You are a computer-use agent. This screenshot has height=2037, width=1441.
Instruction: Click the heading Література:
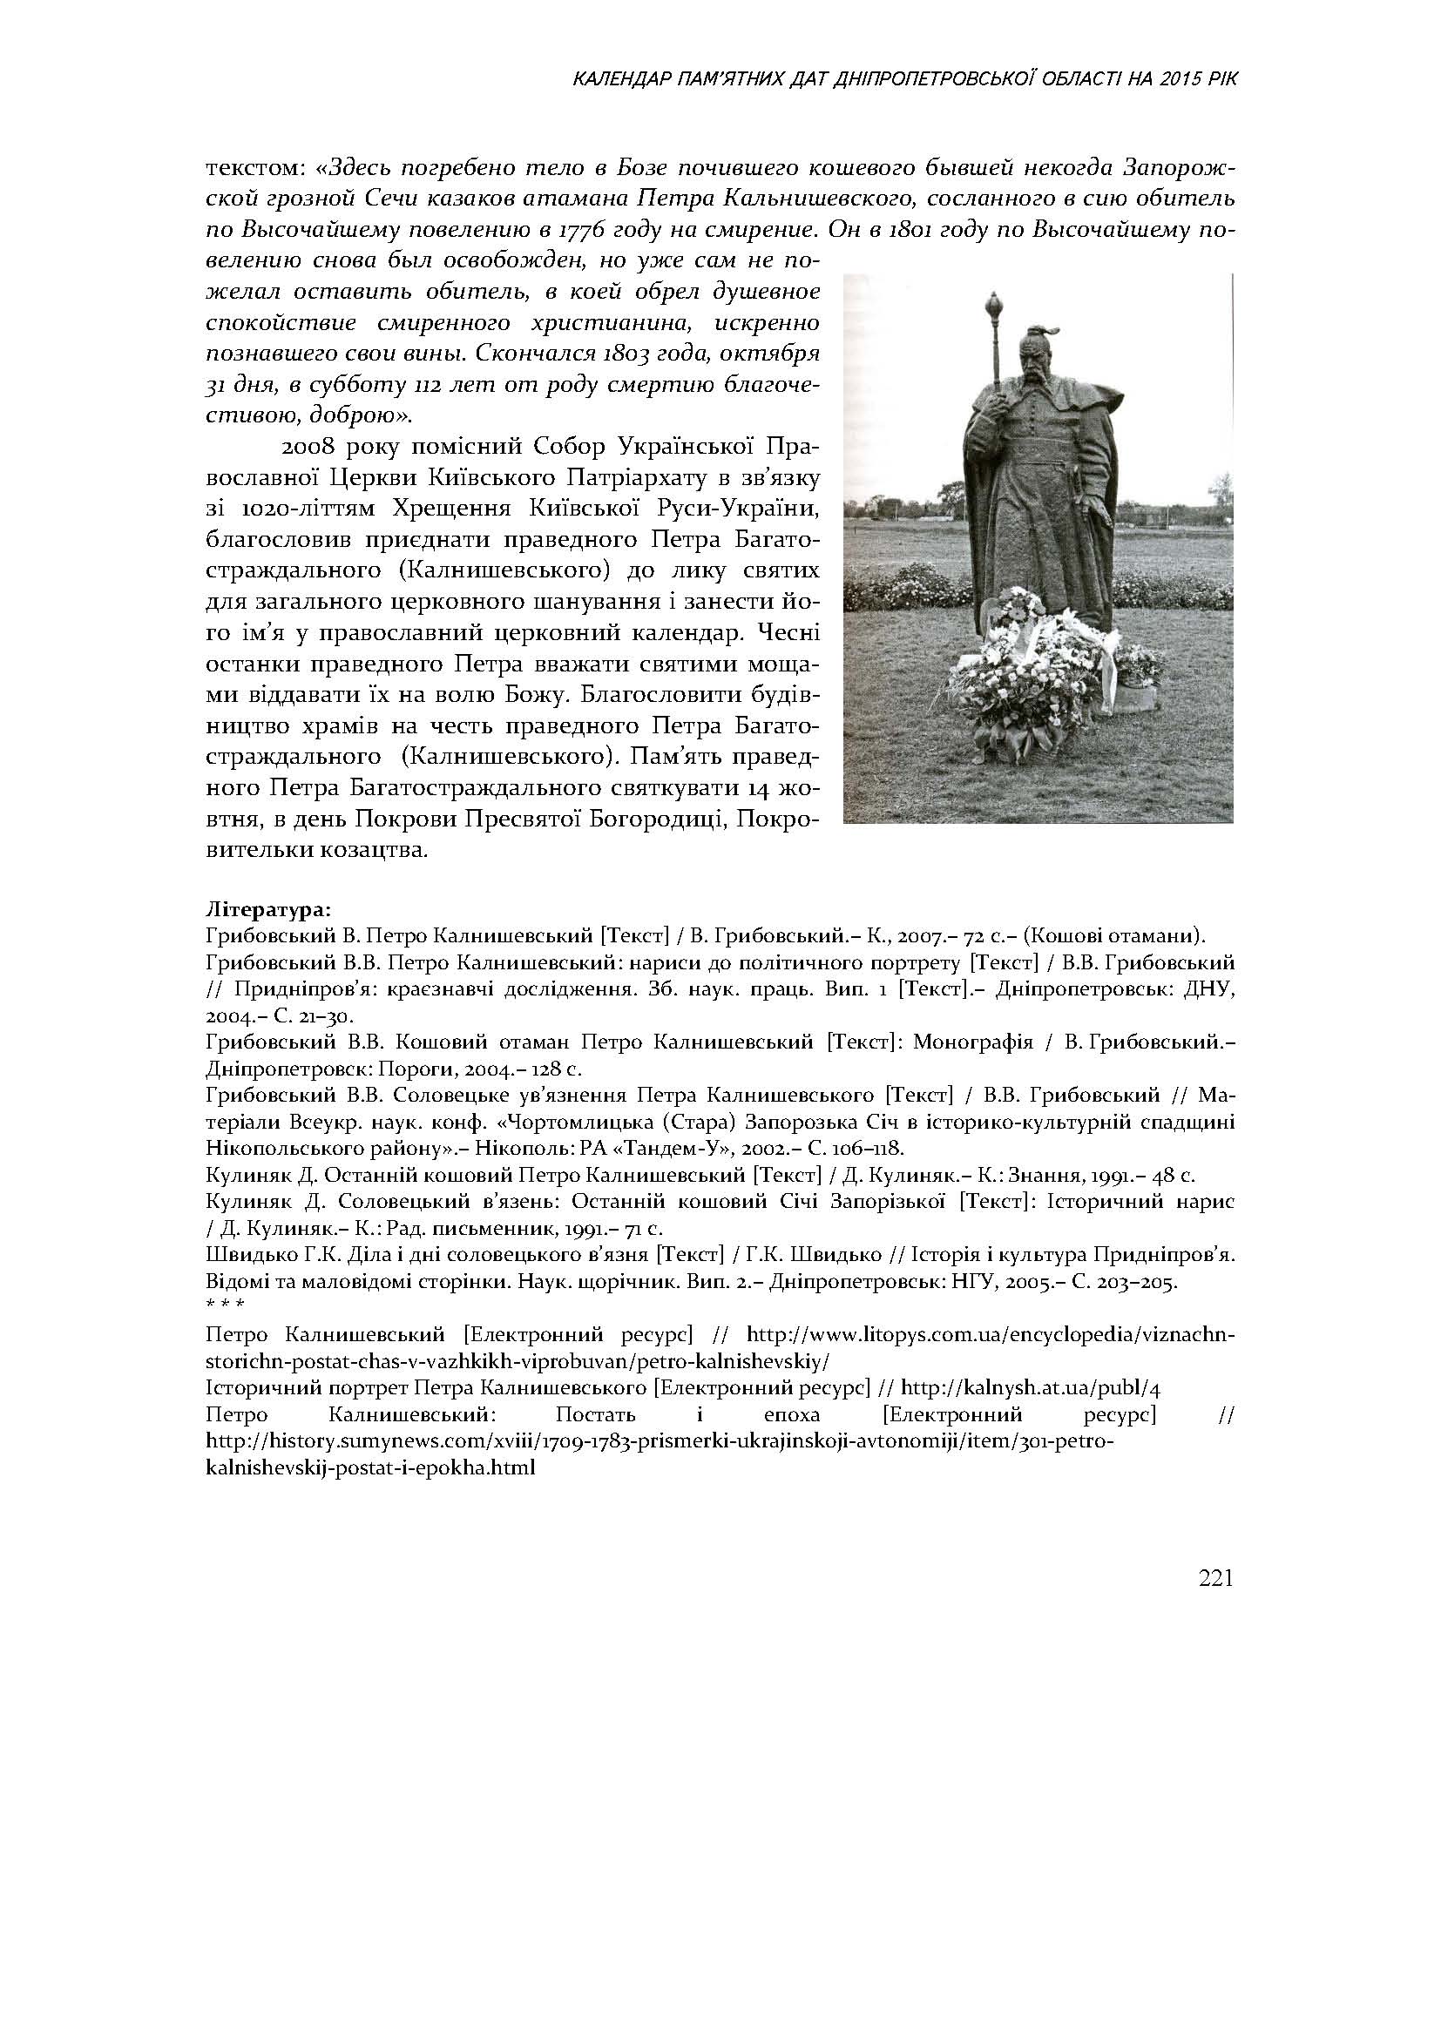(x=269, y=910)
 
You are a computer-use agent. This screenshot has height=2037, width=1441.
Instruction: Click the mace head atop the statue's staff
(x=995, y=307)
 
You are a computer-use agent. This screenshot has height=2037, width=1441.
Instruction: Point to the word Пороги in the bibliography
(x=427, y=1069)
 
